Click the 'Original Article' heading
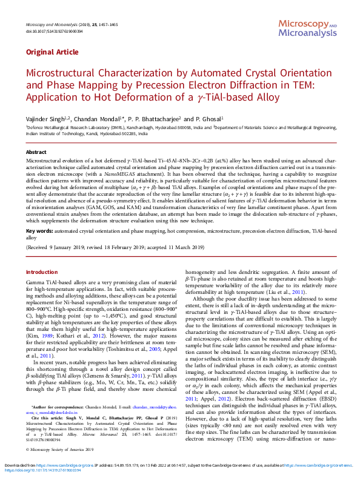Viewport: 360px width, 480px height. point(52,52)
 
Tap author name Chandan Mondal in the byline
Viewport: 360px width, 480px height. point(98,119)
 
